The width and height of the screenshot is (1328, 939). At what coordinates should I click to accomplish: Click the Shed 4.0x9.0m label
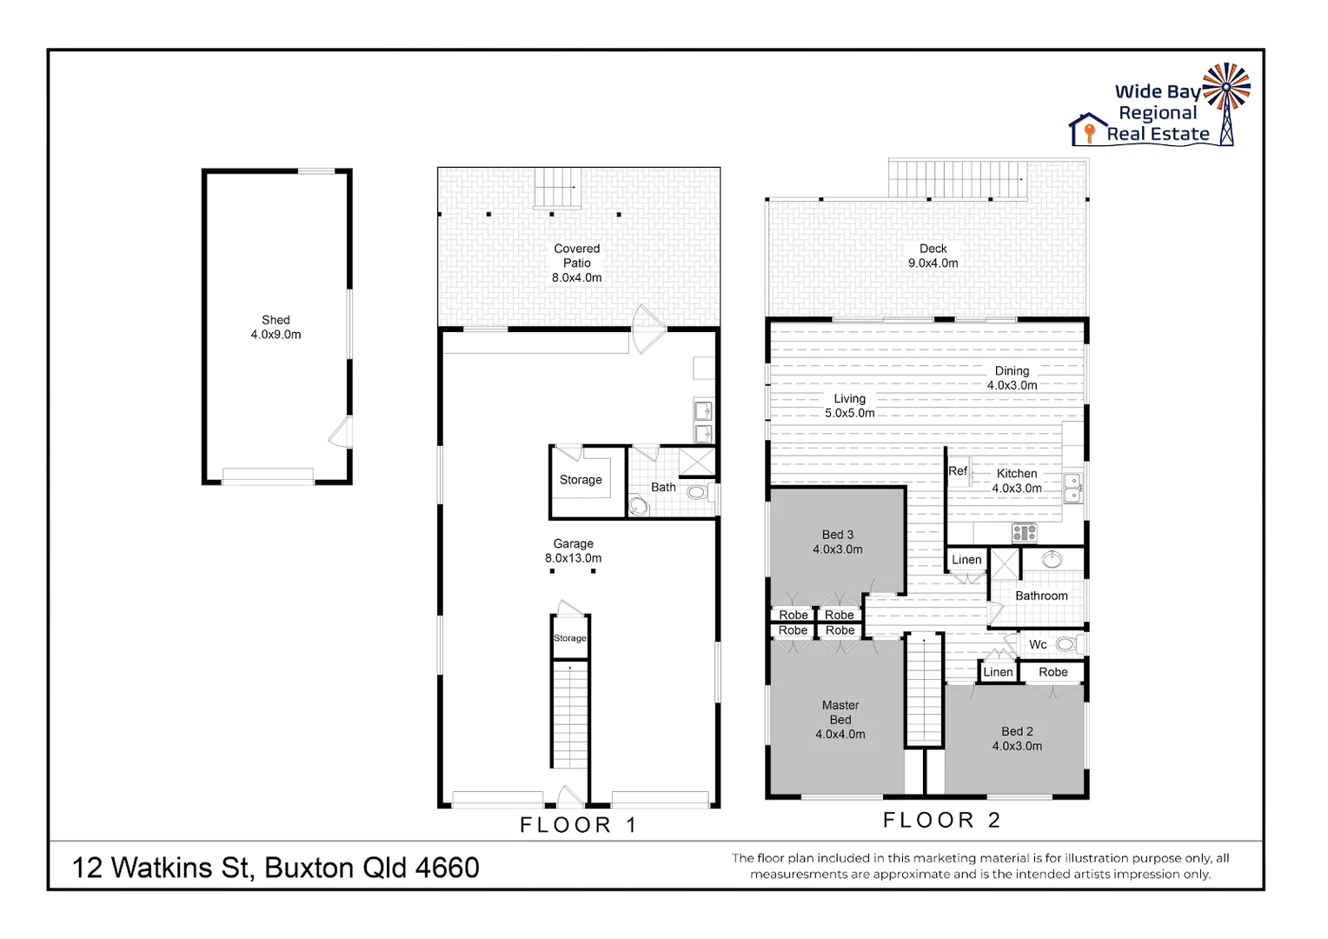coord(276,327)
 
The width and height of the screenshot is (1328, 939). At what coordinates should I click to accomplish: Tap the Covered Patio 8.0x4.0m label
coord(576,263)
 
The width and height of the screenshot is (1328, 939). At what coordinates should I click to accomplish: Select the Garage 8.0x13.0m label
coord(573,550)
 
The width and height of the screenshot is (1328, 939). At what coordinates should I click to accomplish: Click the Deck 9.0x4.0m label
coord(933,256)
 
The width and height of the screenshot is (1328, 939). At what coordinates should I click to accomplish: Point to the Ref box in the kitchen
coord(958,471)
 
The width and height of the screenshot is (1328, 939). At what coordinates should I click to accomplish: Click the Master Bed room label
coord(840,719)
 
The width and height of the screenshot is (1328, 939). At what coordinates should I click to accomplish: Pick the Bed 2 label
coord(1017,738)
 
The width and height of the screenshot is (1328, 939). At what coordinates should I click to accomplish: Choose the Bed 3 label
coord(837,542)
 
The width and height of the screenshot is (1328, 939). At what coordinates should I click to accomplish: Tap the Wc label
coord(1038,644)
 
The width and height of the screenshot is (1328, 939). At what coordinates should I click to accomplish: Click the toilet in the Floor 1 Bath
coord(696,492)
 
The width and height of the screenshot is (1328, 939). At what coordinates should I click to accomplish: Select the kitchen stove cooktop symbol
coord(1024,532)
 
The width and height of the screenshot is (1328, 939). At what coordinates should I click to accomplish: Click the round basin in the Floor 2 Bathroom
coord(1052,559)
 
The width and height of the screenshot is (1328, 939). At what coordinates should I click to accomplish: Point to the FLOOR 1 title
coord(578,825)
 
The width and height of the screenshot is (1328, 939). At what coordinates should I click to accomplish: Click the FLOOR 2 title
coord(941,820)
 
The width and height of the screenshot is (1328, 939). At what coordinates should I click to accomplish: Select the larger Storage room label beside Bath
coord(581,480)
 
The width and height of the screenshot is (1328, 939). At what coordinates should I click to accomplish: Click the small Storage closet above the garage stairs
coord(569,638)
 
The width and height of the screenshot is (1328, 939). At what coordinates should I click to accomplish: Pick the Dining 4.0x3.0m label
coord(1012,377)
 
